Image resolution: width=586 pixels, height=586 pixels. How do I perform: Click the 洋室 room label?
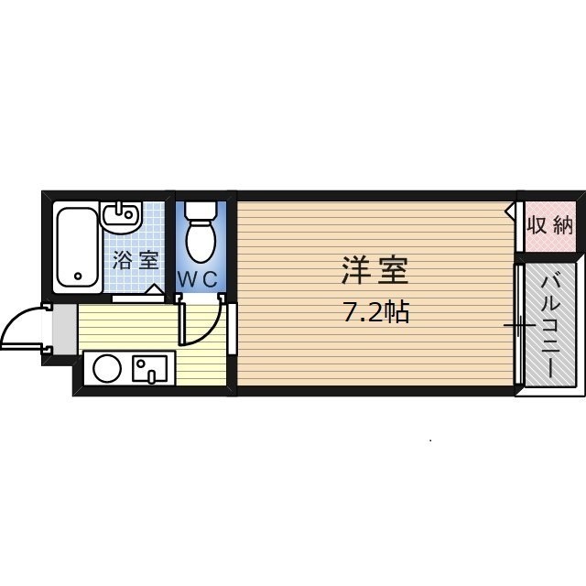coord(374,272)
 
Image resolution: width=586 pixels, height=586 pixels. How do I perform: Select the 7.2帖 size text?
coord(375,313)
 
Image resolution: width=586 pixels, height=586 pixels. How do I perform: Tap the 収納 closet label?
coord(550,225)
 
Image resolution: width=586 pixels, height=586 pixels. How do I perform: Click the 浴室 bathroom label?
coord(135,259)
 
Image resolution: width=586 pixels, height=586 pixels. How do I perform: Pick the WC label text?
coord(198,280)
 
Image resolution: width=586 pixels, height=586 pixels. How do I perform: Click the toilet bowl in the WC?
coord(198,241)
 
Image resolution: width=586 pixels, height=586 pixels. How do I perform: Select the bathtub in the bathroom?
coord(76,248)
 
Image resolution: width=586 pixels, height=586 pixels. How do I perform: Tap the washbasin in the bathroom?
coord(120,218)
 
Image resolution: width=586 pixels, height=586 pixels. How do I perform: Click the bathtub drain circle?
coord(77,274)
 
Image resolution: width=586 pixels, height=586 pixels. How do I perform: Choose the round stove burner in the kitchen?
coord(107,369)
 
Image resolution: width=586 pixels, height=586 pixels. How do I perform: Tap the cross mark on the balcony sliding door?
coord(518,325)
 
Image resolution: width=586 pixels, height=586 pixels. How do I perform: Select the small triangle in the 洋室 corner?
coord(509,211)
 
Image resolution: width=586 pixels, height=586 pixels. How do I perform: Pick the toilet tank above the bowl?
coord(198,208)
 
